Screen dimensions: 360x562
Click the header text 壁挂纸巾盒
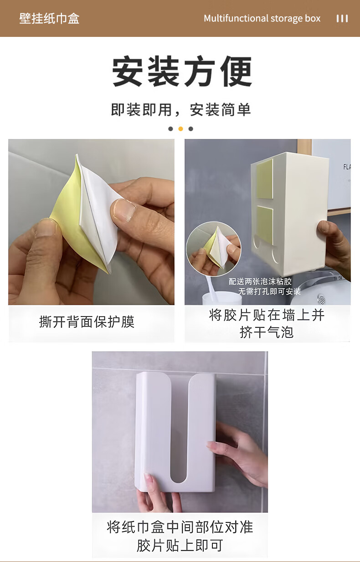[x=49, y=19]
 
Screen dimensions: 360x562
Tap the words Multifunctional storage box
[x=262, y=19]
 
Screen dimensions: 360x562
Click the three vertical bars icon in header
[x=342, y=19]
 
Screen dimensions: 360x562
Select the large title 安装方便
[x=182, y=71]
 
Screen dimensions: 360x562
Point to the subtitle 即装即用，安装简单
[x=181, y=110]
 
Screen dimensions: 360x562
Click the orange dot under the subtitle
[x=180, y=129]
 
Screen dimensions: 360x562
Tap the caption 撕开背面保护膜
[x=87, y=322]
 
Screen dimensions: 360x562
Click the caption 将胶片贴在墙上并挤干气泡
[x=267, y=324]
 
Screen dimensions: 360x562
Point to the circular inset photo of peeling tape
[x=213, y=249]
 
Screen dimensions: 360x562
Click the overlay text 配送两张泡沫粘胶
[x=260, y=281]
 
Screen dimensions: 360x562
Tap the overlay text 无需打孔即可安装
[x=269, y=291]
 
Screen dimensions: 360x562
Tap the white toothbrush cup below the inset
[x=222, y=298]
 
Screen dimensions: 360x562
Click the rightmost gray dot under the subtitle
[x=191, y=129]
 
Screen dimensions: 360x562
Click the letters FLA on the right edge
[x=347, y=167]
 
